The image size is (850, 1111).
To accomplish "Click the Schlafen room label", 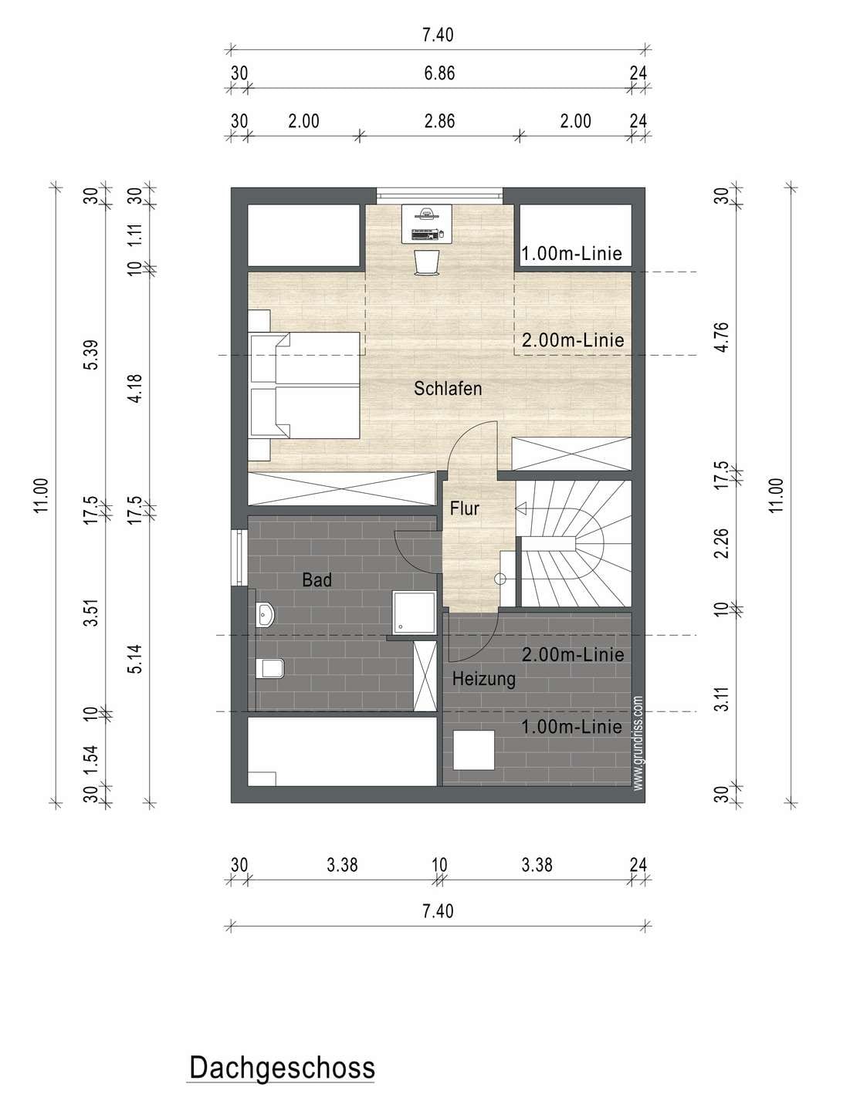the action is [x=448, y=389].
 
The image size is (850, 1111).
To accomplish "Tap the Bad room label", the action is [x=317, y=580].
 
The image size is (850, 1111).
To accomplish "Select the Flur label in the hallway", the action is [x=464, y=508].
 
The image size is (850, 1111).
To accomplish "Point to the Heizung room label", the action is [x=483, y=679].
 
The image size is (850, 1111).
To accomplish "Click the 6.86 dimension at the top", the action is [x=439, y=73].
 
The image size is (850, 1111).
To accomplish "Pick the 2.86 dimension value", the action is [x=439, y=121].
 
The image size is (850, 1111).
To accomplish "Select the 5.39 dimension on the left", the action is [x=90, y=355].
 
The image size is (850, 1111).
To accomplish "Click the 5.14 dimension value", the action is [x=135, y=659].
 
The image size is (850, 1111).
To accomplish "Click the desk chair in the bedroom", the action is [x=426, y=263].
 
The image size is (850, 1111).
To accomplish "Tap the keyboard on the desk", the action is [x=425, y=235].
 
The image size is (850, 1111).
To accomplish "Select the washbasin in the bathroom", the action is [x=265, y=614].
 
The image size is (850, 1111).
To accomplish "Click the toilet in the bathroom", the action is [x=270, y=668].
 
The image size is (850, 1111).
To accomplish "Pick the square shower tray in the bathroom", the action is [x=414, y=613].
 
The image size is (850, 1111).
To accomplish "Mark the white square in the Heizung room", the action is [x=473, y=751].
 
